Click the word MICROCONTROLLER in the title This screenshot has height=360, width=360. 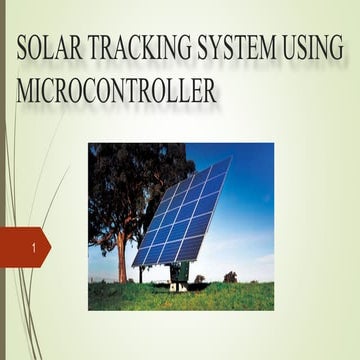pyautogui.click(x=117, y=92)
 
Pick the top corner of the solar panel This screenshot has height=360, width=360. pyautogui.click(x=229, y=158)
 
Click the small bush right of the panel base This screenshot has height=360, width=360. pyautogui.click(x=230, y=277)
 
